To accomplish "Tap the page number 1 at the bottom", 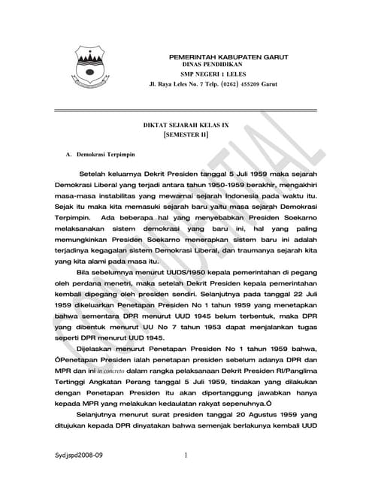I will [x=185, y=455].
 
